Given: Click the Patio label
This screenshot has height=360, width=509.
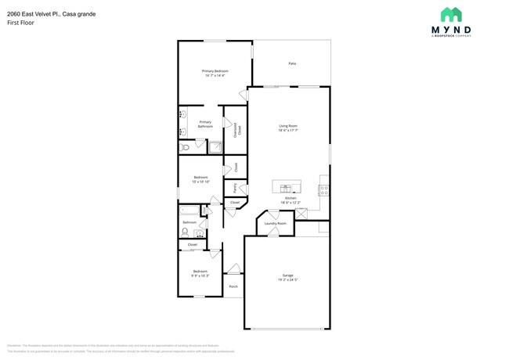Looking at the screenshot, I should pyautogui.click(x=292, y=63).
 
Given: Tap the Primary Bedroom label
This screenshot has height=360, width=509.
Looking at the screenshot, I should pyautogui.click(x=215, y=71).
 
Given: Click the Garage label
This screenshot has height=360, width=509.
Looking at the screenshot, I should pyautogui.click(x=287, y=275).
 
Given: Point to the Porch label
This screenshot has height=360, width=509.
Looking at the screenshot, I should pyautogui.click(x=233, y=286).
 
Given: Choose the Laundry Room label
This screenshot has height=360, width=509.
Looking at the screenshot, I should pyautogui.click(x=275, y=223).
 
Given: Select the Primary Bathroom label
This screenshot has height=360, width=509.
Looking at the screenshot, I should pyautogui.click(x=205, y=124).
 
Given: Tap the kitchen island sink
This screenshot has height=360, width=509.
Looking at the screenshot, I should pyautogui.click(x=286, y=188).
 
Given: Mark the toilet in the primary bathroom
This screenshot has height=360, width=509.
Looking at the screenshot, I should pyautogui.click(x=184, y=146).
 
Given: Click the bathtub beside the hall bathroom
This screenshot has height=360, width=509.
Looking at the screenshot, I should pyautogui.click(x=190, y=210).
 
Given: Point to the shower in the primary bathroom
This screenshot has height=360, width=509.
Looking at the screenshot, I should pyautogui.click(x=214, y=146).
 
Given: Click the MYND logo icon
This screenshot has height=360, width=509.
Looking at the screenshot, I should pyautogui.click(x=450, y=14).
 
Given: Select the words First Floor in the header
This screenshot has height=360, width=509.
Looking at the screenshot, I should pyautogui.click(x=20, y=23).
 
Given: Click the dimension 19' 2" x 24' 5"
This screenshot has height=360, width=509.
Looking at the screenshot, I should pyautogui.click(x=287, y=279).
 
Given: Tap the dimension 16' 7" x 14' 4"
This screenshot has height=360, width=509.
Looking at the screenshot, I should pyautogui.click(x=215, y=76).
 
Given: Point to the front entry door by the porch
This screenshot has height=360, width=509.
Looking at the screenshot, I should pyautogui.click(x=233, y=269).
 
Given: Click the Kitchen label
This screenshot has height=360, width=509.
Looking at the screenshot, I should pyautogui.click(x=290, y=200).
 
